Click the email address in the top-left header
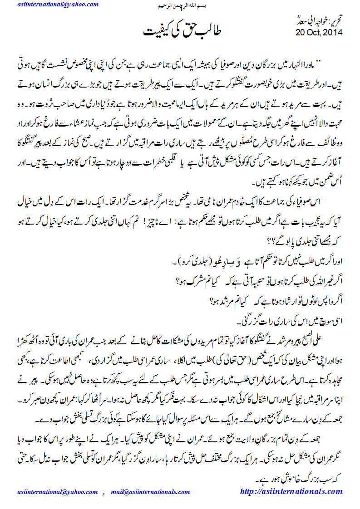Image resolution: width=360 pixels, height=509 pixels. pos(58,5)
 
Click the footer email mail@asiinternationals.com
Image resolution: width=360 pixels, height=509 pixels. pos(150,492)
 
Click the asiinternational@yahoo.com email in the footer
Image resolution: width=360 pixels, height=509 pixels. pos(57,492)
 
